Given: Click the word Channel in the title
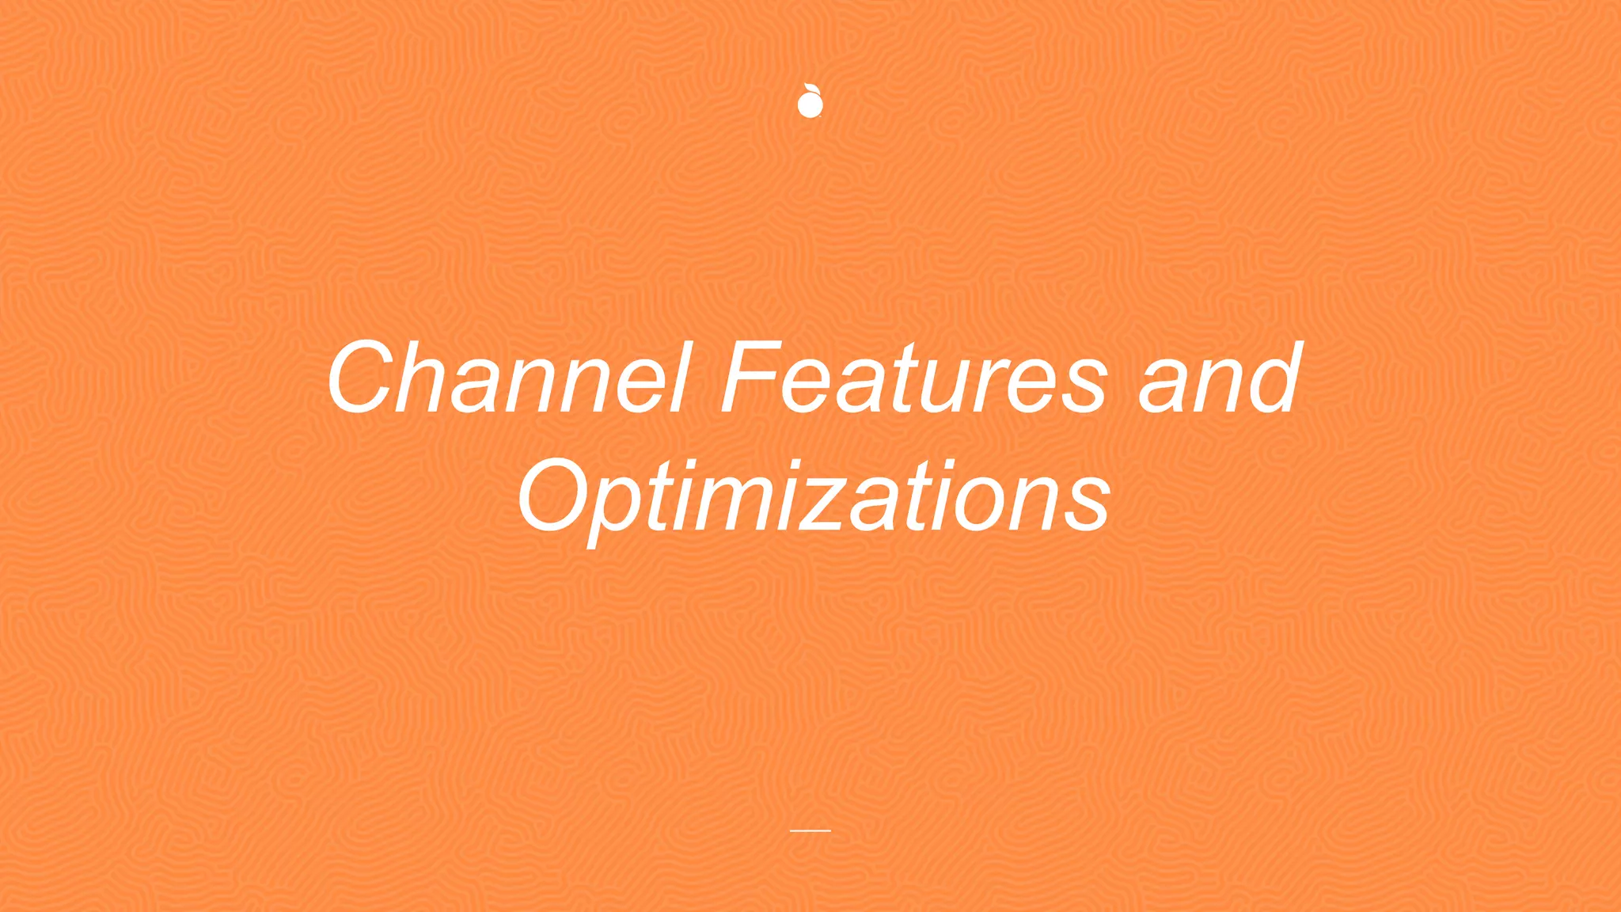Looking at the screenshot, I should tap(507, 378).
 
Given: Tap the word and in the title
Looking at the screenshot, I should tap(1219, 378).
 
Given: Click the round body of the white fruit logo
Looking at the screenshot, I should tap(810, 105).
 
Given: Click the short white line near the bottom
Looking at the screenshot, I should tap(810, 830).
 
